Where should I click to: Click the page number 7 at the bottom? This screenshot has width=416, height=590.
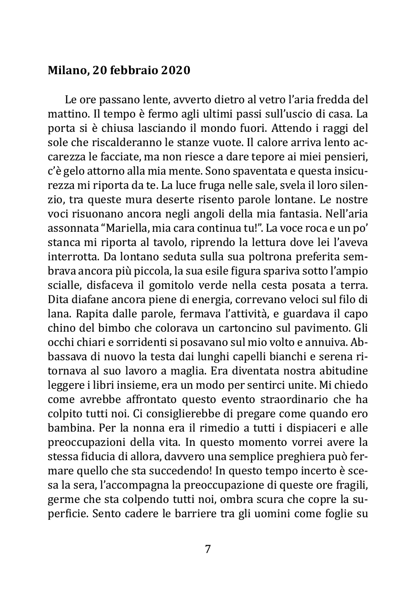point(208,549)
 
